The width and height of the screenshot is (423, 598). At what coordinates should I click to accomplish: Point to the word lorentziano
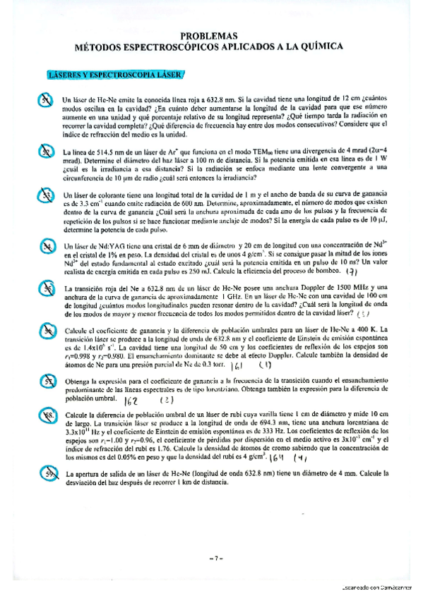(257, 391)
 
